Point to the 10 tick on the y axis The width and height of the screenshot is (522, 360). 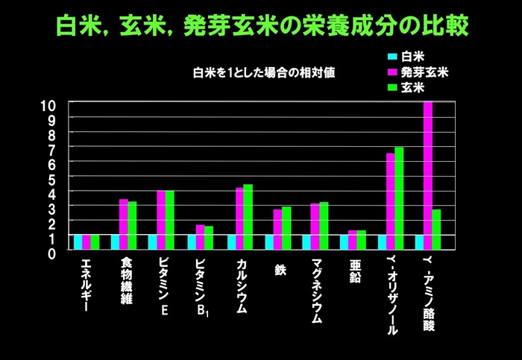[48, 104]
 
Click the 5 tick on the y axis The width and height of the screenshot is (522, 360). [52, 179]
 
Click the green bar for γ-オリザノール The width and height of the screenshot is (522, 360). [399, 198]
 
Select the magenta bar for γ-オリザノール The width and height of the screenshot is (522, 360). [390, 201]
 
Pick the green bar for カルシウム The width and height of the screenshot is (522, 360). [248, 217]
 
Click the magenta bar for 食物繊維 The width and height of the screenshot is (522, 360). [124, 224]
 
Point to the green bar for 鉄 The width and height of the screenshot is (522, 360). [286, 228]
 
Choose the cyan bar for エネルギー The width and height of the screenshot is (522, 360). [78, 242]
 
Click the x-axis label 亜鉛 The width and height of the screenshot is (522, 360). [355, 272]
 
